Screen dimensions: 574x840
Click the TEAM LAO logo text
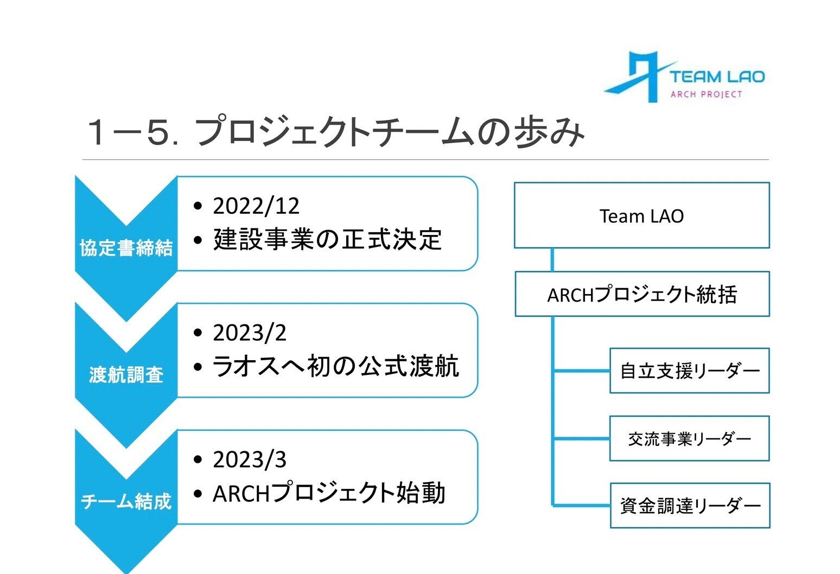(x=716, y=76)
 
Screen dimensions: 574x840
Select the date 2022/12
(x=256, y=206)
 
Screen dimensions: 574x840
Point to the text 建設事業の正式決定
(x=328, y=240)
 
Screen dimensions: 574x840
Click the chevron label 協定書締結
(x=126, y=248)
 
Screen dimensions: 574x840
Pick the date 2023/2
(x=250, y=333)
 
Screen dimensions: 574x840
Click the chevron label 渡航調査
(x=126, y=375)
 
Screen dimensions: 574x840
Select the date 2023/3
(x=250, y=460)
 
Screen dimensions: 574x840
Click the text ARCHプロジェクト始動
(x=329, y=494)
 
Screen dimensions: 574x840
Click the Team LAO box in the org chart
(x=641, y=215)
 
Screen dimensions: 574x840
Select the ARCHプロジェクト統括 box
(x=642, y=294)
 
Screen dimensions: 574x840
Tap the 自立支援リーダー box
(x=689, y=371)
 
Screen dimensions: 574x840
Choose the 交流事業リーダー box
(x=689, y=438)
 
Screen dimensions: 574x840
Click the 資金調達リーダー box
(x=690, y=506)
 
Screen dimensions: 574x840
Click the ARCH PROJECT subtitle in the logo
(x=706, y=94)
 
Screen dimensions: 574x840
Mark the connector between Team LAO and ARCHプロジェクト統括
(x=552, y=260)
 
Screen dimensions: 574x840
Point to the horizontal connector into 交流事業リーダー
(x=581, y=438)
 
